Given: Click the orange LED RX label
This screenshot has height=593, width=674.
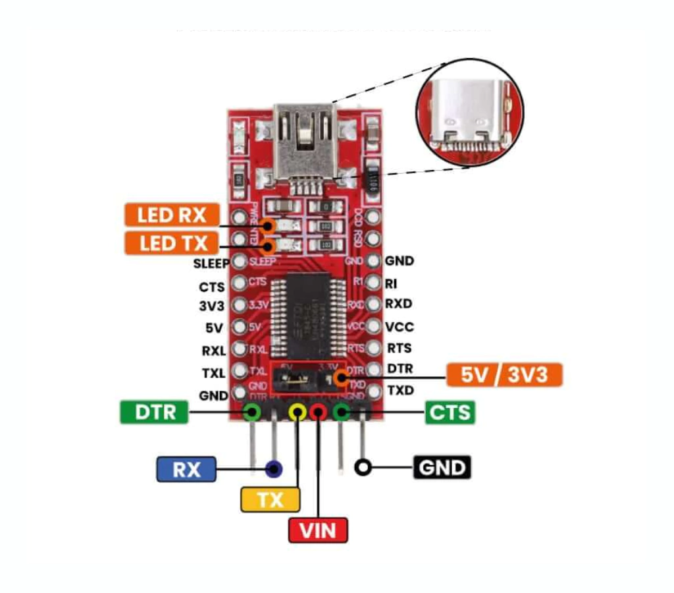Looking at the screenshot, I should [x=170, y=215].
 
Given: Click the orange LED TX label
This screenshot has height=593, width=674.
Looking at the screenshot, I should [x=170, y=244].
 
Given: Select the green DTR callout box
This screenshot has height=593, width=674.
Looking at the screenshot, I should [x=154, y=412].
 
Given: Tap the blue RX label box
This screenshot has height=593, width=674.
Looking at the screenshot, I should [x=186, y=469].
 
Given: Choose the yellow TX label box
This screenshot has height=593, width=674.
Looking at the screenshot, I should [x=270, y=499].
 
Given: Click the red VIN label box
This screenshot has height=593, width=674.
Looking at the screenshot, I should [x=318, y=530].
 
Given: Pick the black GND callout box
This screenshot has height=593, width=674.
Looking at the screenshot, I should [x=442, y=468].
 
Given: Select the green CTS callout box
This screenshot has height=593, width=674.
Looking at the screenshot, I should [x=450, y=412].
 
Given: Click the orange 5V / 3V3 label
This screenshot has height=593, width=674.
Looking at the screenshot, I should [x=504, y=375].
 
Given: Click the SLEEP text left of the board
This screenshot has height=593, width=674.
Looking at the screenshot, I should [x=211, y=264].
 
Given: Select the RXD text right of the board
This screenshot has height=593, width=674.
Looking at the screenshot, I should [x=399, y=304].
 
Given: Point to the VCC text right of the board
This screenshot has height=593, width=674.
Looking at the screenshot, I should [x=399, y=327].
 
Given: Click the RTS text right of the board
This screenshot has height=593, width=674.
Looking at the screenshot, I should [x=400, y=348].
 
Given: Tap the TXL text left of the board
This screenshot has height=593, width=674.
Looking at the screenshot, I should [x=214, y=373].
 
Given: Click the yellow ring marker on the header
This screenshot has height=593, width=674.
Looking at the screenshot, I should [x=298, y=412].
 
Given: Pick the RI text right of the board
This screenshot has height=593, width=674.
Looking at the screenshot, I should [x=392, y=283].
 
